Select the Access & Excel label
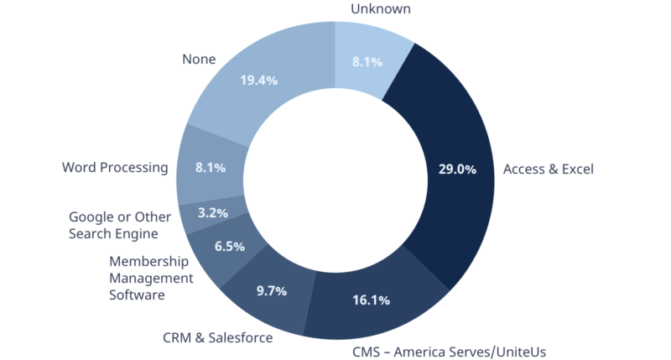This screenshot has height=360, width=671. click(548, 170)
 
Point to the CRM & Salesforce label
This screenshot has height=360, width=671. click(217, 338)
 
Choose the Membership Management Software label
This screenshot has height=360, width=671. click(151, 278)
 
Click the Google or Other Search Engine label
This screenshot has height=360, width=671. click(120, 226)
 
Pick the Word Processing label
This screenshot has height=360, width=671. click(115, 167)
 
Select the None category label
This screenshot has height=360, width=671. click(199, 60)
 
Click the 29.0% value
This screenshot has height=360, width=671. click(457, 169)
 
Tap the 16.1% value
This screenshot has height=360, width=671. click(370, 300)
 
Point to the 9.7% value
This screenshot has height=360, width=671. click(271, 291)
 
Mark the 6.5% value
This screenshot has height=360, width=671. click(229, 247)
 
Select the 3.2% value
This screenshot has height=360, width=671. click(212, 213)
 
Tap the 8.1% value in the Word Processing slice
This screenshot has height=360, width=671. click(211, 167)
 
